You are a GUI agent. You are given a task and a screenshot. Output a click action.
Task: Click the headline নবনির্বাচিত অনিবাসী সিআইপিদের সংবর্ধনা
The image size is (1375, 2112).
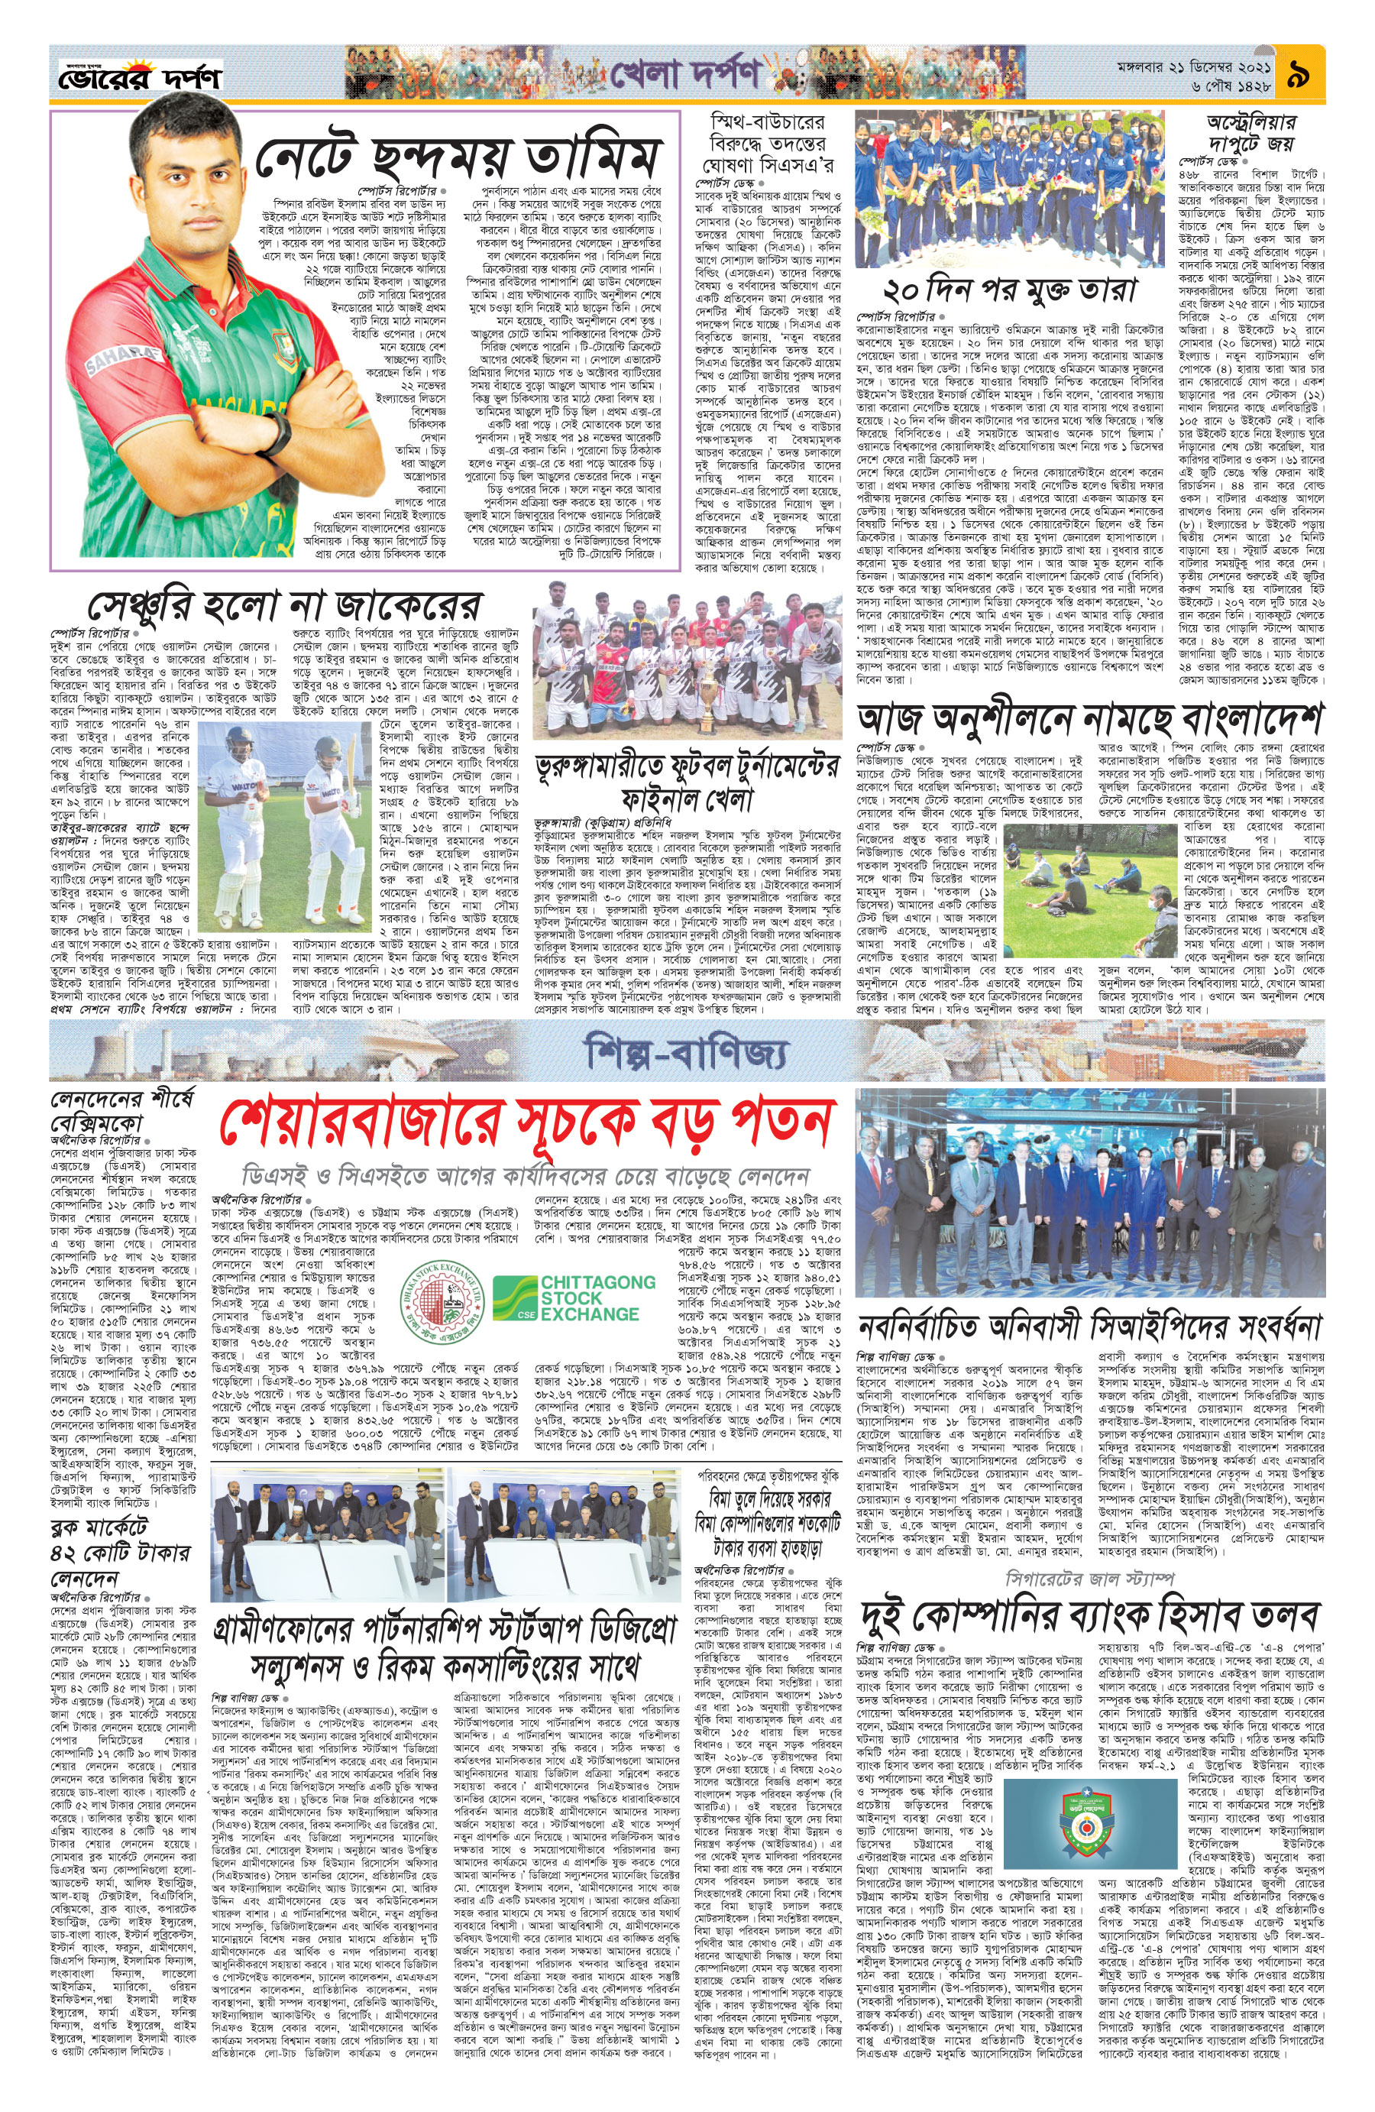[1089, 1327]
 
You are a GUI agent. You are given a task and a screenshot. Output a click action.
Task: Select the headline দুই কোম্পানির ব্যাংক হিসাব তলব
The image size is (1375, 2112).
[1089, 1614]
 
